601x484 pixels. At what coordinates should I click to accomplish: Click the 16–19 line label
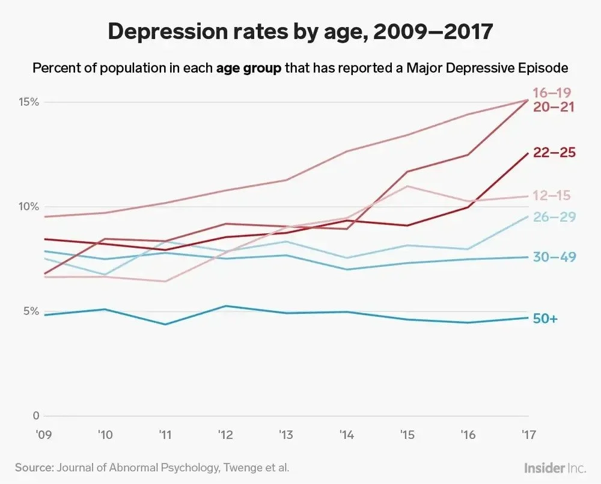[551, 93]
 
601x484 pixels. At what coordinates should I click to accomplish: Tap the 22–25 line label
[554, 153]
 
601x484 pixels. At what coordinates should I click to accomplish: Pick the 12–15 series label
[551, 195]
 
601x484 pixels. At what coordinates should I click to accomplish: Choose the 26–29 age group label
[555, 217]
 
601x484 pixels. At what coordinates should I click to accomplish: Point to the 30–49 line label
[555, 257]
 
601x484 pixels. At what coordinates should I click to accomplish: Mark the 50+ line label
[546, 319]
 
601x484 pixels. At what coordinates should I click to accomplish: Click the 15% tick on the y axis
[28, 102]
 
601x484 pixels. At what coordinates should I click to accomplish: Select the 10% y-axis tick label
[28, 207]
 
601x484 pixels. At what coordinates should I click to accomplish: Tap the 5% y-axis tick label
[31, 311]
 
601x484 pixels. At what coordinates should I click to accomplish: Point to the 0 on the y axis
[35, 416]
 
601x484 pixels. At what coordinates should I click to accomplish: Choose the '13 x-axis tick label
[286, 433]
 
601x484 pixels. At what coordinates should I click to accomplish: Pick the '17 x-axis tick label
[528, 433]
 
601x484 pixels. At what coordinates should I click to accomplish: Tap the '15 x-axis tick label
[407, 433]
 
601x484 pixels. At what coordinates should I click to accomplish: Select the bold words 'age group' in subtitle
[248, 68]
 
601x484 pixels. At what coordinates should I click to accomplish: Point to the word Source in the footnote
[34, 467]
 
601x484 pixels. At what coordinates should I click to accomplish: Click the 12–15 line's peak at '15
[407, 186]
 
